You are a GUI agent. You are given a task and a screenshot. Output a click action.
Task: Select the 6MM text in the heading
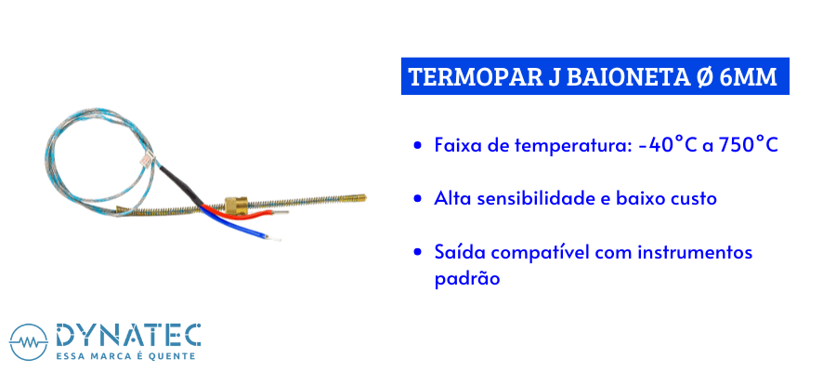point(748,77)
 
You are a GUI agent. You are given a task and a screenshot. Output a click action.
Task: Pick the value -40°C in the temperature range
point(669,145)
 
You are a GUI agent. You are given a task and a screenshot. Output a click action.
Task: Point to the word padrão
point(467,280)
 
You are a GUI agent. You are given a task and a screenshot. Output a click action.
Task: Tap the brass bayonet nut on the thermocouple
point(235,205)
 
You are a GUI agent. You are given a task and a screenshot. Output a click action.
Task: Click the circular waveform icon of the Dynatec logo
point(28,342)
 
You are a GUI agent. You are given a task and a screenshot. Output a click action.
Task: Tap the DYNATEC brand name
point(128,335)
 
